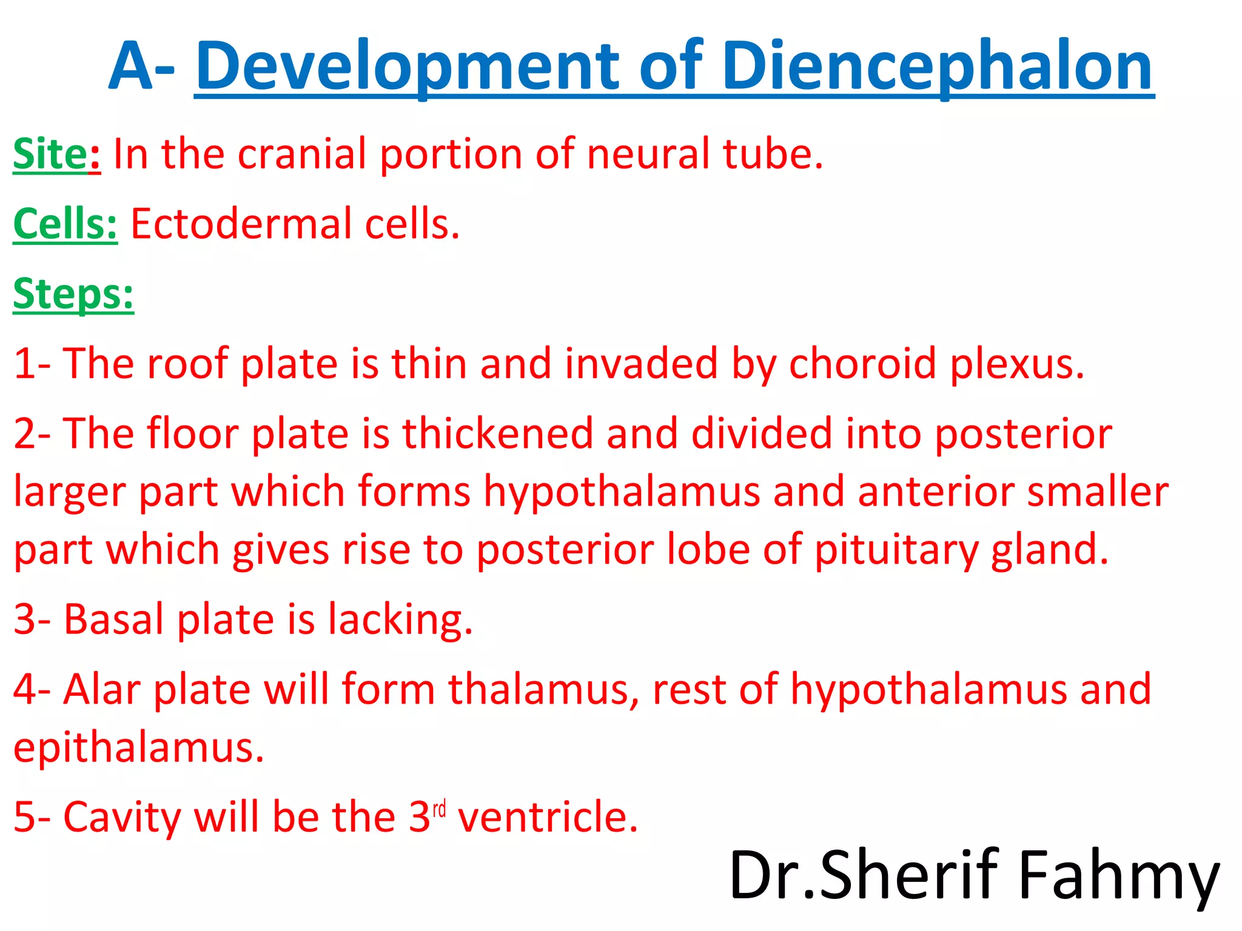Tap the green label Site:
57,154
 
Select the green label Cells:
65,224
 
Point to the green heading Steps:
73,295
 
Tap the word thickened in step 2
497,434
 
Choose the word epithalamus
138,748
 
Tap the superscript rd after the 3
439,809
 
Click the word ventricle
548,817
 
